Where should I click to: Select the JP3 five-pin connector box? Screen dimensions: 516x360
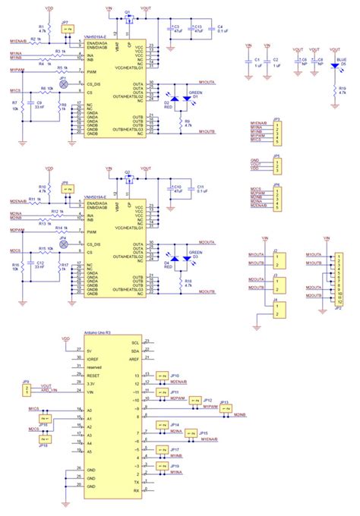coord(278,131)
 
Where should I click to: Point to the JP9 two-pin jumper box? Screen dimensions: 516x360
coord(27,389)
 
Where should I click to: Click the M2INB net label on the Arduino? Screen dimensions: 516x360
coord(239,414)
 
